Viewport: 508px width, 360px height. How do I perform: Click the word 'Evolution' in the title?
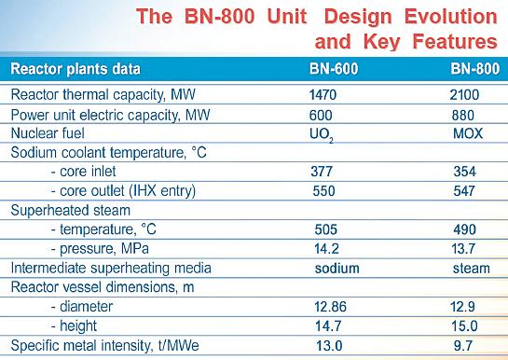[x=449, y=16]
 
